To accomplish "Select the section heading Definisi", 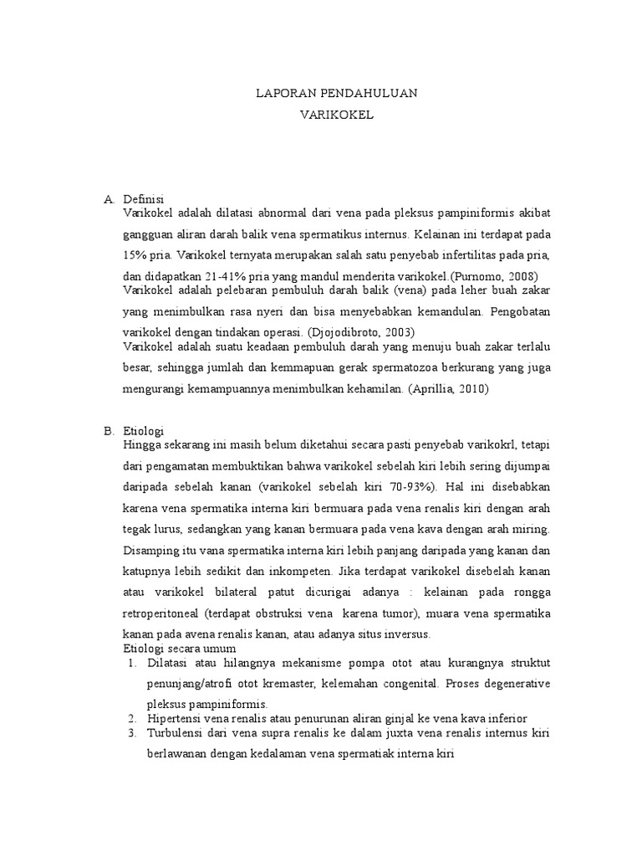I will pyautogui.click(x=143, y=198).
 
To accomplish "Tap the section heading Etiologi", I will pyautogui.click(x=144, y=431).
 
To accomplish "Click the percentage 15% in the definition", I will pyautogui.click(x=135, y=254).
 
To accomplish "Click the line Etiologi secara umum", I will pyautogui.click(x=180, y=649).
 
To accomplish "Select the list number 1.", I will pyautogui.click(x=131, y=663).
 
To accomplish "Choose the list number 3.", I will pyautogui.click(x=131, y=733).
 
